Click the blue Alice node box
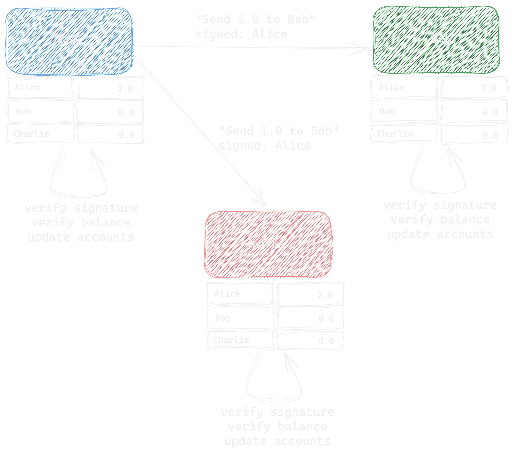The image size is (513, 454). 69,41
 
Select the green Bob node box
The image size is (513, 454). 436,40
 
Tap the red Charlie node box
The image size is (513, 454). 268,244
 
